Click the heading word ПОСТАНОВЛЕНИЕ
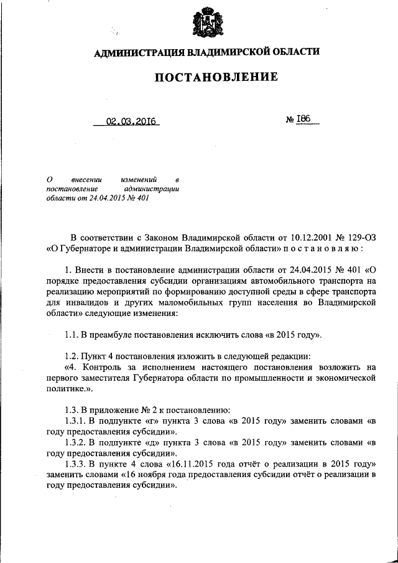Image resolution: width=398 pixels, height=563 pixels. point(206,78)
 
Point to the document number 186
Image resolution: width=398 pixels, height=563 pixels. point(305,120)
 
